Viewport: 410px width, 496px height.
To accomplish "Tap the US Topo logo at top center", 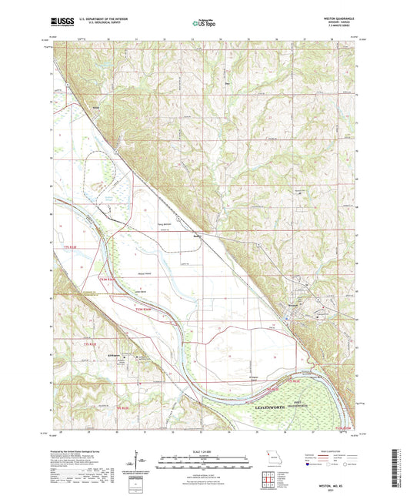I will click(204, 25).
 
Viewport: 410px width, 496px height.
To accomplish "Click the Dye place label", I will click(227, 75).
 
